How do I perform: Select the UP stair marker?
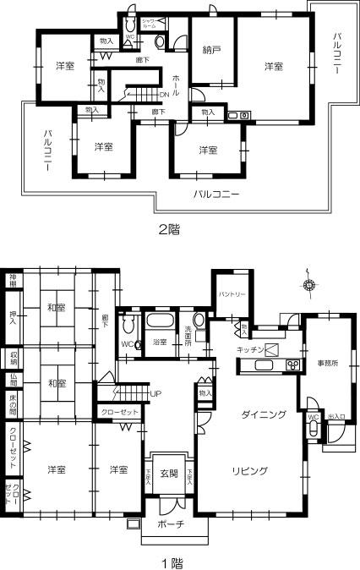pyautogui.click(x=155, y=394)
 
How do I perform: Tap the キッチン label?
pyautogui.click(x=252, y=348)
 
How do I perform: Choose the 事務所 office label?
pyautogui.click(x=328, y=363)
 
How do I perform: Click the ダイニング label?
pyautogui.click(x=263, y=414)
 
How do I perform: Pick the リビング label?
pyautogui.click(x=248, y=470)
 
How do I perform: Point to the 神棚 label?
pyautogui.click(x=13, y=280)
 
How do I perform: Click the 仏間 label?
pyautogui.click(x=13, y=381)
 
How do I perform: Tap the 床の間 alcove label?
pyautogui.click(x=13, y=408)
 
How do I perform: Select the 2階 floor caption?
pyautogui.click(x=169, y=228)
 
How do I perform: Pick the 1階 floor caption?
pyautogui.click(x=172, y=560)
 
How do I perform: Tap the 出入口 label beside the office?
pyautogui.click(x=335, y=417)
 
